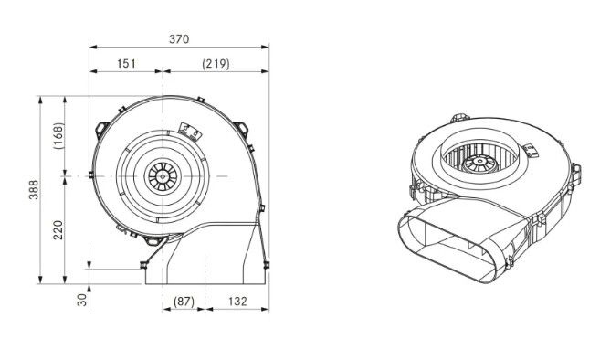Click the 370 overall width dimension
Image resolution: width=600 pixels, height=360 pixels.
(x=179, y=39)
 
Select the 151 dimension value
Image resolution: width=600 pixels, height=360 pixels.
(x=126, y=63)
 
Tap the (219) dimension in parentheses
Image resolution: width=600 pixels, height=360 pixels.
(x=216, y=64)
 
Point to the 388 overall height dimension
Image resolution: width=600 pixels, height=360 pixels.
(x=34, y=189)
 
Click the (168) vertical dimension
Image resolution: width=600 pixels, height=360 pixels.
(x=58, y=135)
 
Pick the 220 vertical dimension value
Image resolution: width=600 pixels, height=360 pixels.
(x=58, y=229)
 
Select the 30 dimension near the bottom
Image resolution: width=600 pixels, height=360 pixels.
(x=82, y=300)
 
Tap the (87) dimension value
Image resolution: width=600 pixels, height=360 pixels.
(x=184, y=302)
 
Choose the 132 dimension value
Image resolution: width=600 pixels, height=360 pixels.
(x=237, y=302)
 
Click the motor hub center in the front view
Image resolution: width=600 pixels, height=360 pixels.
(x=163, y=176)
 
